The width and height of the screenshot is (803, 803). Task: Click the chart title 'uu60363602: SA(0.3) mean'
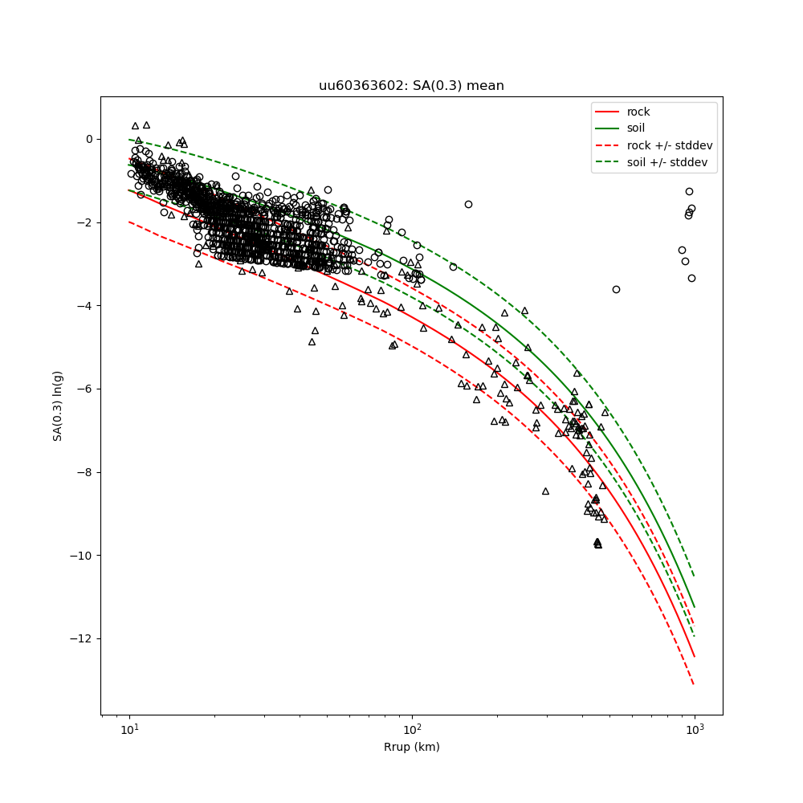click(411, 86)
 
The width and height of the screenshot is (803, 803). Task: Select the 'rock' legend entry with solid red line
click(638, 112)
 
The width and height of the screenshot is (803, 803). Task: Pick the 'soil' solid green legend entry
click(636, 128)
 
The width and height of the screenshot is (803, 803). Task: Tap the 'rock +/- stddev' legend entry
click(670, 145)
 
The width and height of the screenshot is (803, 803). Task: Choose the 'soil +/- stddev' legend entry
click(670, 162)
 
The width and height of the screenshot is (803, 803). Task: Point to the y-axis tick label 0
click(89, 139)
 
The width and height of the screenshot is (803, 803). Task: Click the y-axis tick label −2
click(85, 222)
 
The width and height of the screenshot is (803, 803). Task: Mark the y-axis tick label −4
click(85, 306)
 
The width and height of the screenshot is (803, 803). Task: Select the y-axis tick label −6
click(85, 389)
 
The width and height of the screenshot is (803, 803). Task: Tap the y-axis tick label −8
click(85, 472)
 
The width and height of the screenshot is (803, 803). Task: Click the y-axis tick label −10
click(83, 556)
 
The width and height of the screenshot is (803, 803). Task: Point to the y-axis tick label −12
click(83, 639)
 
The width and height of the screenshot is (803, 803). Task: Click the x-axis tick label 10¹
click(129, 730)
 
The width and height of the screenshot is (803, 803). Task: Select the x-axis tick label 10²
click(412, 730)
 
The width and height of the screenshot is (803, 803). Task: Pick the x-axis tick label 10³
click(695, 730)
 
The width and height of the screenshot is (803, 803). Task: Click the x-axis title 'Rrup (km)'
click(411, 748)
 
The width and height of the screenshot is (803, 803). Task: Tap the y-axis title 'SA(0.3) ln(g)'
click(58, 406)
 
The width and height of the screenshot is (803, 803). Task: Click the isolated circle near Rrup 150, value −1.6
click(468, 204)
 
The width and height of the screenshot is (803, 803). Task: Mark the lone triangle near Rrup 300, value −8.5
click(545, 491)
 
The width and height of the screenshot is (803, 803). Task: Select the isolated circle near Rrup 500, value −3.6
click(616, 289)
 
